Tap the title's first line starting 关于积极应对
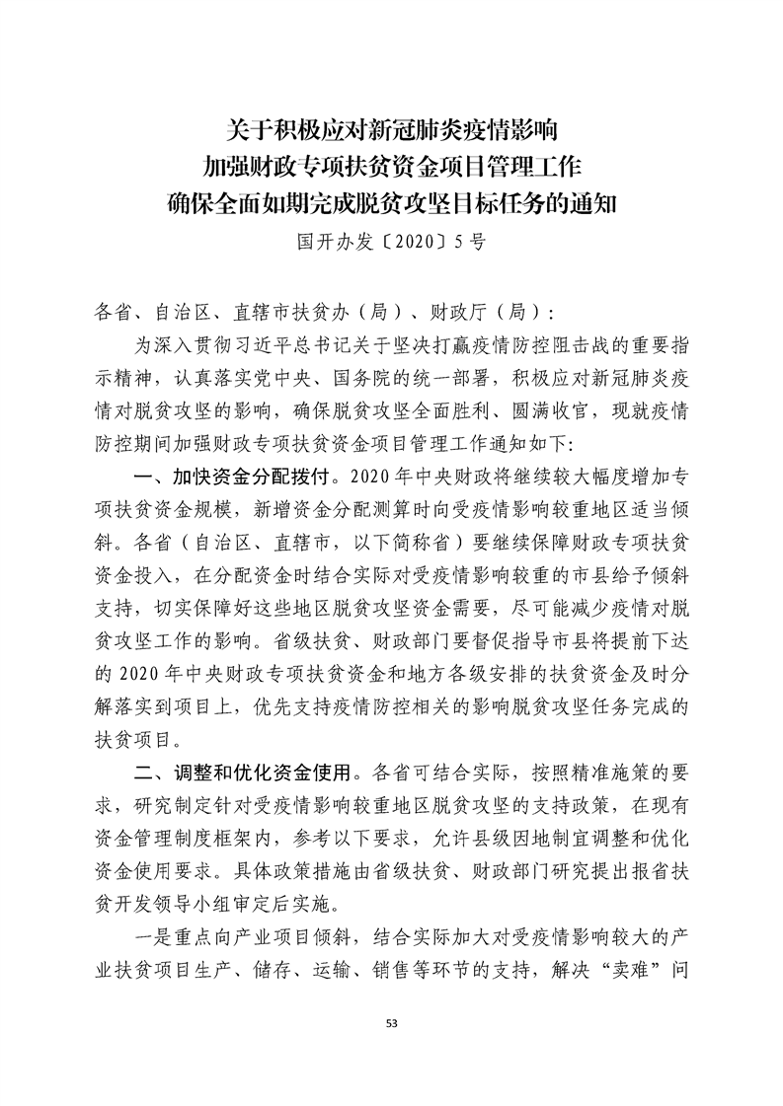[391, 128]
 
